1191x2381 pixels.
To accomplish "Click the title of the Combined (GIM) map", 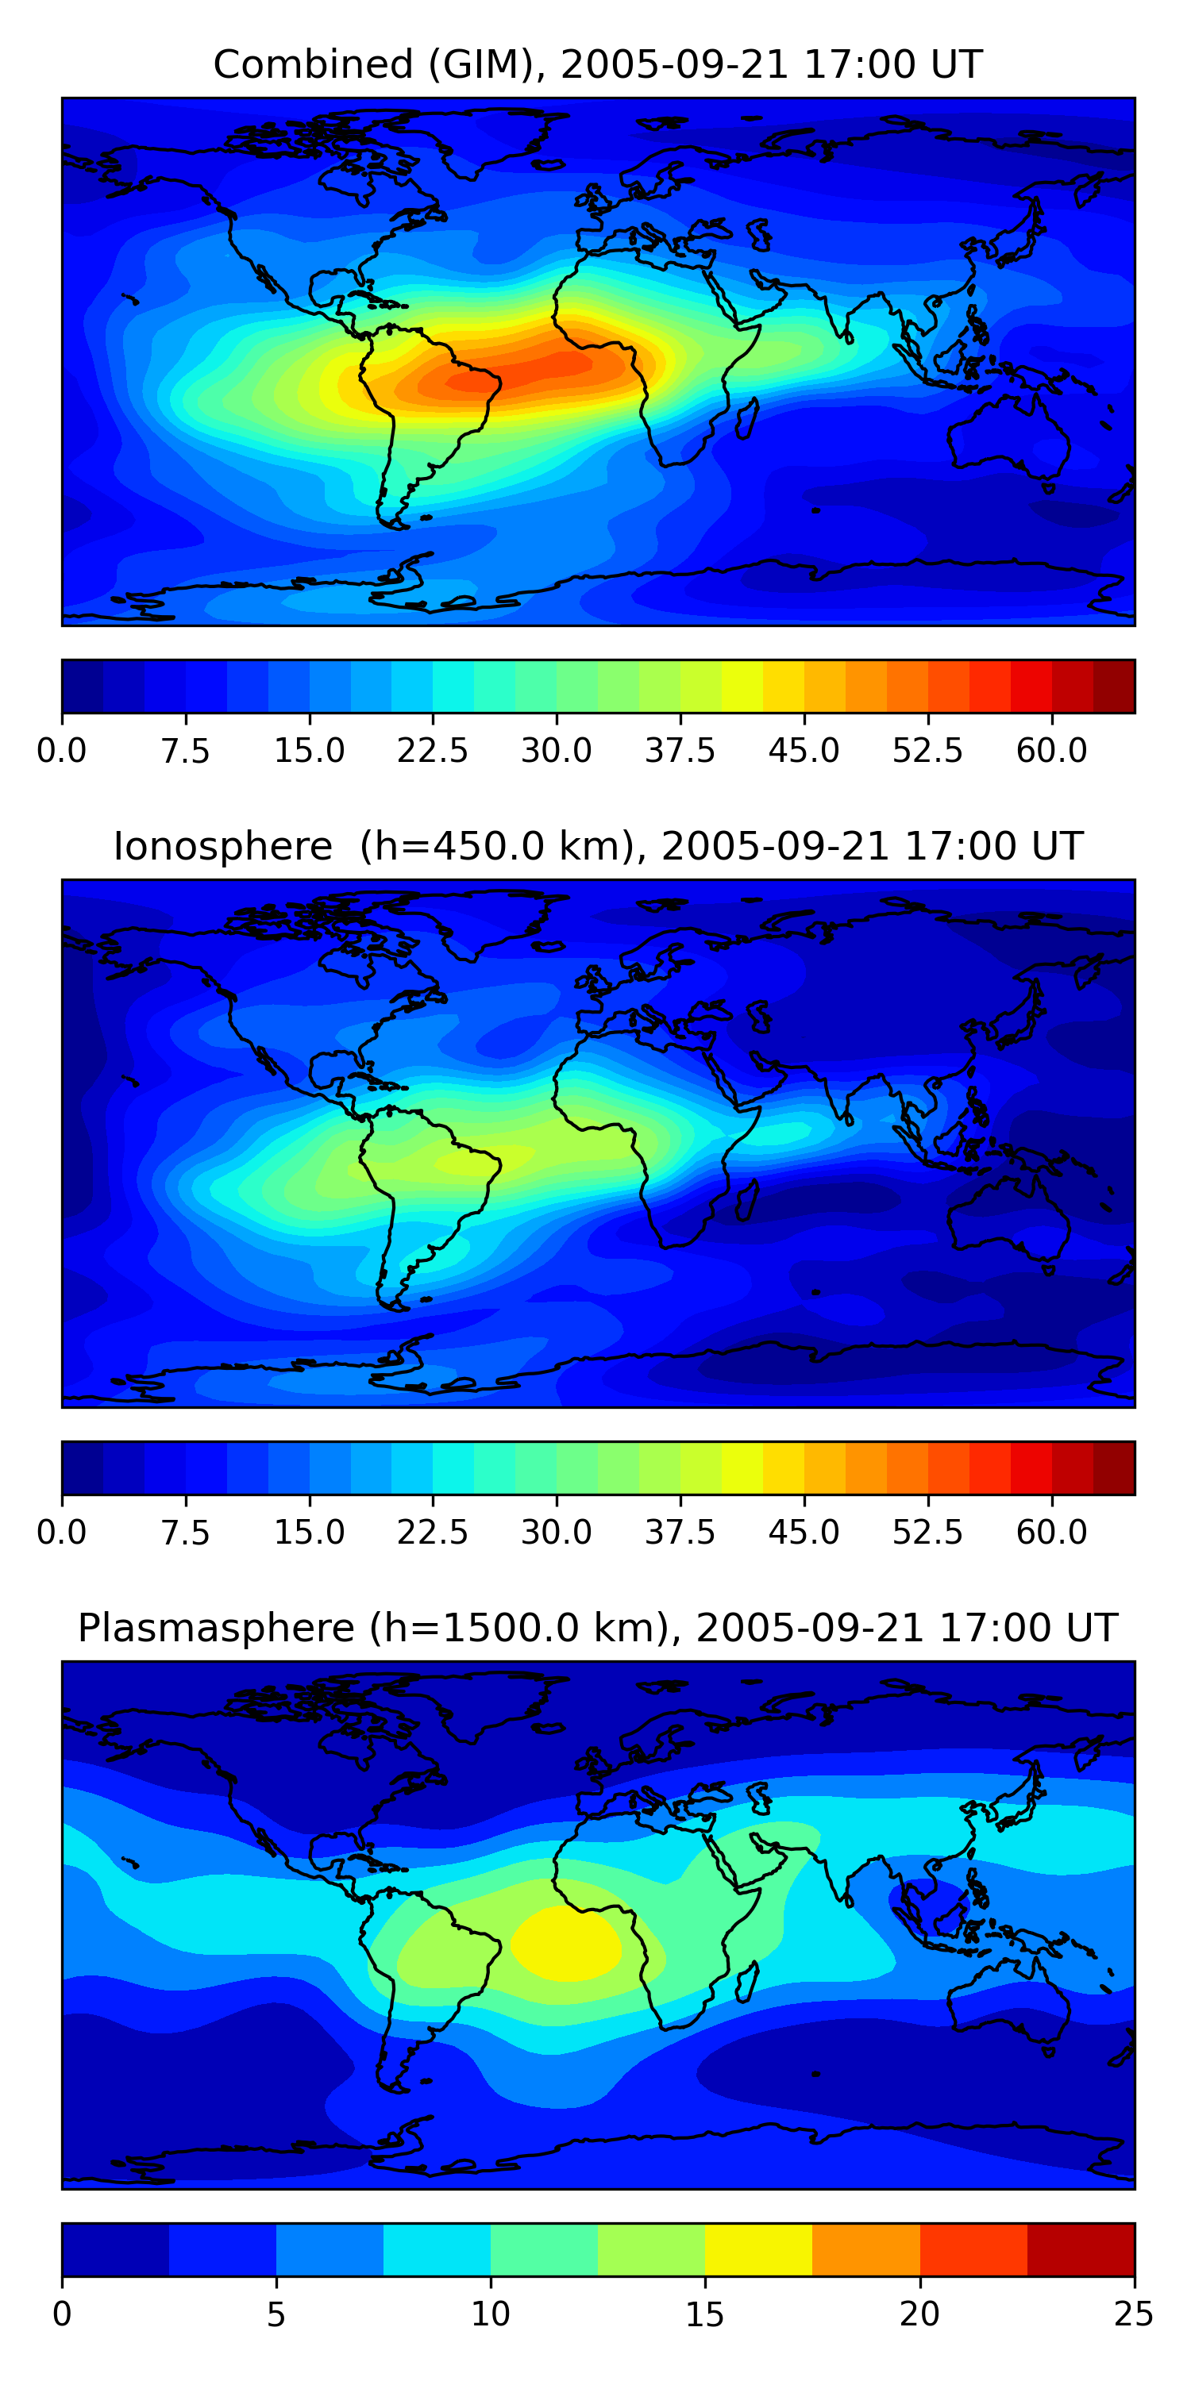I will click(x=597, y=65).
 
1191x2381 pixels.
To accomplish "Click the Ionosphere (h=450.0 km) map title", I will click(x=597, y=847).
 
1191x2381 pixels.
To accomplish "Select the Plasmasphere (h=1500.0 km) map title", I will click(x=597, y=1628).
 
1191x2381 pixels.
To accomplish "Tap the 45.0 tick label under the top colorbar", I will click(x=804, y=751).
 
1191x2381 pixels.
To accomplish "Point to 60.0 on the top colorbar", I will click(x=1051, y=751).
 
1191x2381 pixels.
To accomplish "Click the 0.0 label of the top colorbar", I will click(x=62, y=751).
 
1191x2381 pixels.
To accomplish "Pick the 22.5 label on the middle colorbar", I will click(x=433, y=1533).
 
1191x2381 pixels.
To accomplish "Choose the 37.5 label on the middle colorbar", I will click(x=680, y=1533).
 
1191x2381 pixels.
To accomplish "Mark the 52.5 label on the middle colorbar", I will click(x=927, y=1533).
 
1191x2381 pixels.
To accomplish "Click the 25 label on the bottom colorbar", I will click(x=1134, y=2314).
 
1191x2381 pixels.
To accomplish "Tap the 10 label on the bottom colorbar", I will click(x=490, y=2314).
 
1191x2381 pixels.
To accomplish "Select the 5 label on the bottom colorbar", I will click(x=276, y=2314).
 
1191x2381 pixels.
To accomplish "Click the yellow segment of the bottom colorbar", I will click(x=758, y=2250).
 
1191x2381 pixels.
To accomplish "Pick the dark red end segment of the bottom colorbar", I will click(x=1080, y=2250).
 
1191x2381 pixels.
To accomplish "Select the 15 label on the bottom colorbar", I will click(x=704, y=2314).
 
